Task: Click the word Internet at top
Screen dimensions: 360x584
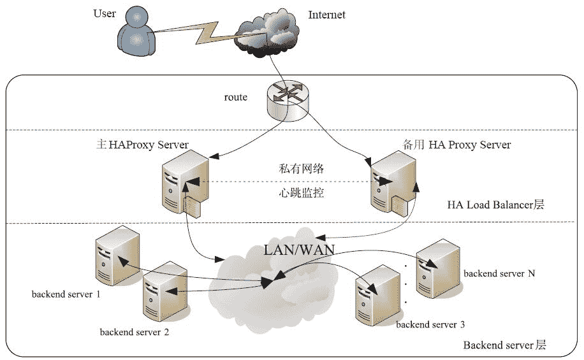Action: (x=326, y=15)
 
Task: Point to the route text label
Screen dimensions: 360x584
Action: (x=235, y=97)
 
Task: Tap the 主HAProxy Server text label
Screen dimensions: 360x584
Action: (x=142, y=145)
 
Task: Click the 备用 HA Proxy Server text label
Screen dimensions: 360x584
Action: (x=456, y=145)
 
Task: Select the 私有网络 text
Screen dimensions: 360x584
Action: (x=302, y=169)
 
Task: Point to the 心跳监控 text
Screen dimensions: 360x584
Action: (x=302, y=192)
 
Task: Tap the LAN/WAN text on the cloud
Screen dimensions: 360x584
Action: (x=300, y=249)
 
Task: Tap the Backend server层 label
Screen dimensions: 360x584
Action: (x=504, y=345)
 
